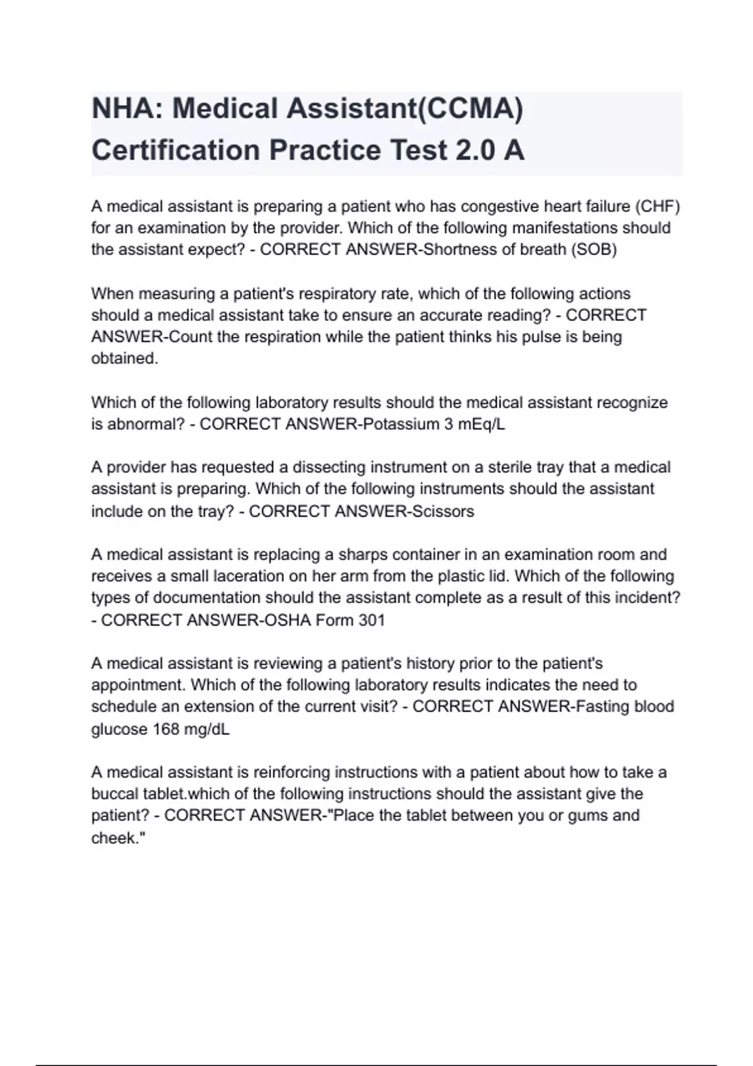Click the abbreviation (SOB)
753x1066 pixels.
point(593,250)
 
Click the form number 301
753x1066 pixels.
point(371,620)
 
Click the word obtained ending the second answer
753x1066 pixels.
point(124,359)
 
